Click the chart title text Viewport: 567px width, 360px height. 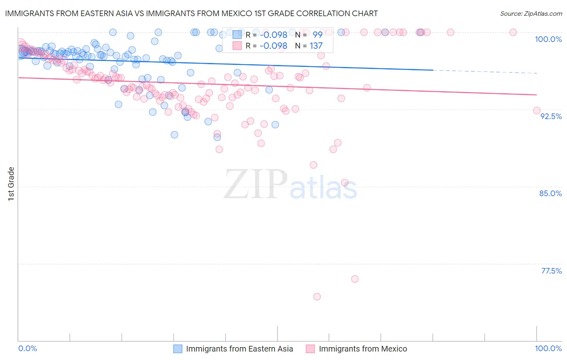click(x=191, y=13)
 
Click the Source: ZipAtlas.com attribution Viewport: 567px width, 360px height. click(x=531, y=13)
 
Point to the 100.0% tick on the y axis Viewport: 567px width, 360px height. click(x=548, y=39)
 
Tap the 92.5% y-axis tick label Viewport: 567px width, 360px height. click(x=551, y=116)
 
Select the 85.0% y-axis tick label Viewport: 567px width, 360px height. click(x=550, y=193)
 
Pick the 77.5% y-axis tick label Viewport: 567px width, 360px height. click(x=551, y=271)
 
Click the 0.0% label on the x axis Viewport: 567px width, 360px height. click(x=27, y=348)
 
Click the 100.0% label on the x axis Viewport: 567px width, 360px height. click(x=548, y=348)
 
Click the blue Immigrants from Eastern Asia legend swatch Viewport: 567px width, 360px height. click(x=178, y=349)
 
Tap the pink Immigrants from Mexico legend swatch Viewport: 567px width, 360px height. click(x=310, y=349)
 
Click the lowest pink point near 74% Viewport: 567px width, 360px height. click(x=317, y=297)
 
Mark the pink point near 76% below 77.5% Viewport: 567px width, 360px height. click(x=355, y=279)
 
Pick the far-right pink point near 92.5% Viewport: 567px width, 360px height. click(x=537, y=111)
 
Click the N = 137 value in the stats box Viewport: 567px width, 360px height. click(x=309, y=46)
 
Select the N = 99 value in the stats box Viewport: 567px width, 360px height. click(x=309, y=35)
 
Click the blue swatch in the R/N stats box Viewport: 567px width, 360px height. click(x=237, y=35)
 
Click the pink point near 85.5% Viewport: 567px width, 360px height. click(x=345, y=182)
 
